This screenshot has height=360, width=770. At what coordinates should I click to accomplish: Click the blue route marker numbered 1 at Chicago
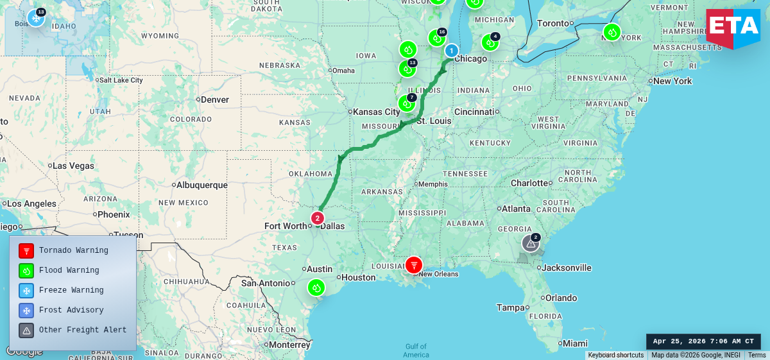click(452, 51)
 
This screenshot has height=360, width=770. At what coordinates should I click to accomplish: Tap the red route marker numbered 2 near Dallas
click(317, 218)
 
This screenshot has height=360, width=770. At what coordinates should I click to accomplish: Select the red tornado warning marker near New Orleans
click(414, 264)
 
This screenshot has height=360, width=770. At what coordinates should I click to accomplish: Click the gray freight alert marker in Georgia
click(530, 244)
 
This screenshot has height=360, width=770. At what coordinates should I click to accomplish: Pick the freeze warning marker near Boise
click(35, 18)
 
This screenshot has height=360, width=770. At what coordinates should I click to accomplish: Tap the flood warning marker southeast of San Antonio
click(316, 287)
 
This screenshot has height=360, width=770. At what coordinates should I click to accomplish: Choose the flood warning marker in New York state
click(612, 32)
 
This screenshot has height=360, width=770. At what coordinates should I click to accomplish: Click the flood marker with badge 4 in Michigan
click(490, 42)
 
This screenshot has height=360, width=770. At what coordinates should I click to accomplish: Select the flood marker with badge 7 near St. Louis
click(406, 103)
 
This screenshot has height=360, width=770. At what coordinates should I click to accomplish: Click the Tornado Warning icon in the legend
click(26, 251)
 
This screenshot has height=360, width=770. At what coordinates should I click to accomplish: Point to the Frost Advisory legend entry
click(71, 311)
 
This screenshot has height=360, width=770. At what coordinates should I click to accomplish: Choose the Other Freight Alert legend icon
click(26, 330)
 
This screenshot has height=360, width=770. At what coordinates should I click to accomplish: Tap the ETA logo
click(733, 27)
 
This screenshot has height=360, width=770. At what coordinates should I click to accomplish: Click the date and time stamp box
click(703, 341)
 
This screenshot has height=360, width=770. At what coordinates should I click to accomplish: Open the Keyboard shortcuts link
click(615, 356)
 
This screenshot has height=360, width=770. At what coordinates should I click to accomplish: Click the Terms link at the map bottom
click(757, 356)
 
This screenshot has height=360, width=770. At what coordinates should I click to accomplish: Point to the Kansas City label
click(377, 112)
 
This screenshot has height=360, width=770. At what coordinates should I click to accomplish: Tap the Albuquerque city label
click(203, 185)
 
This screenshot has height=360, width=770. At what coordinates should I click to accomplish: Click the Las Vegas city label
click(73, 166)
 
